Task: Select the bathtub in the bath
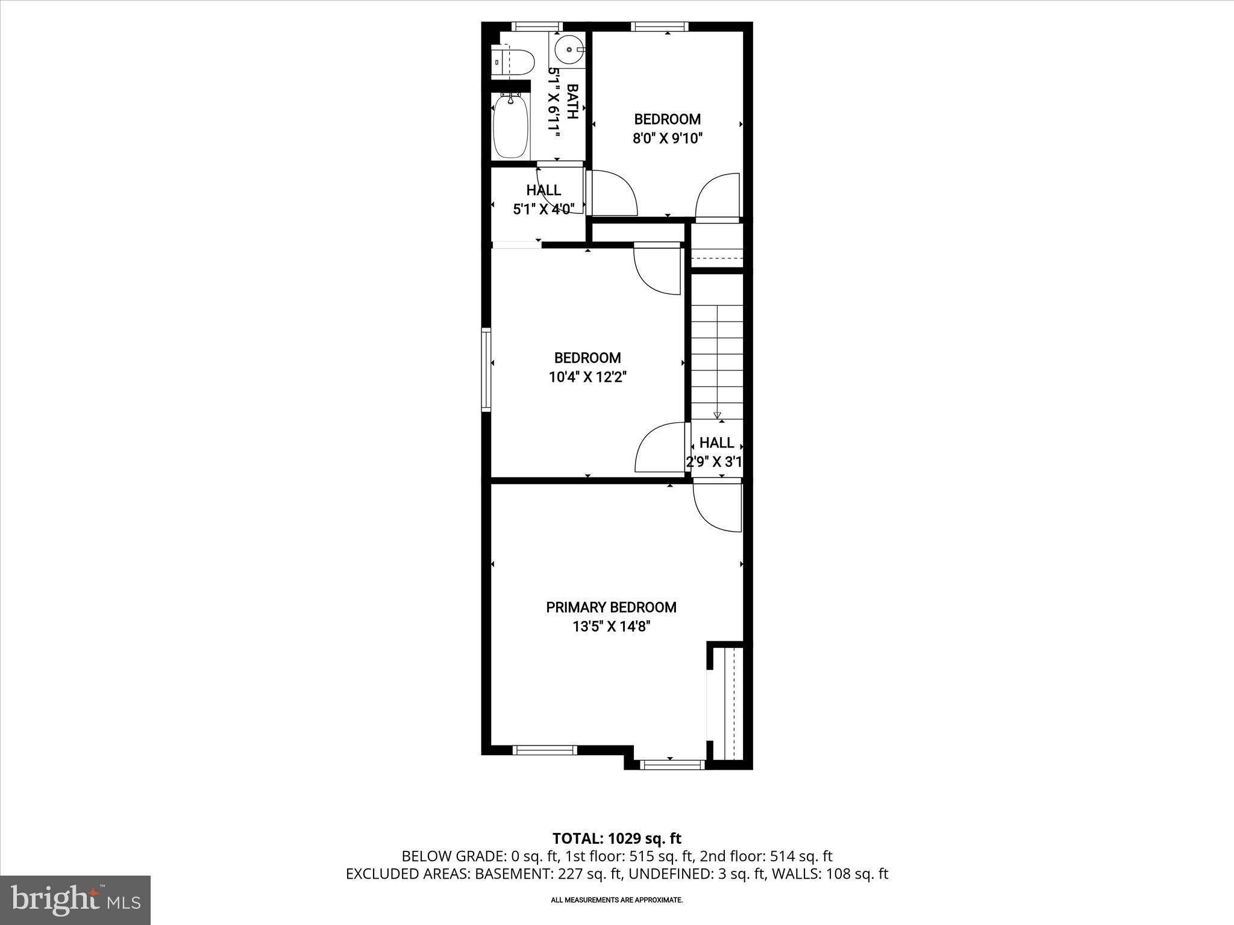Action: click(x=511, y=126)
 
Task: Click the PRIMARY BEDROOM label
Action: click(x=611, y=607)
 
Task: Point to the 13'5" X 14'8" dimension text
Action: click(x=611, y=627)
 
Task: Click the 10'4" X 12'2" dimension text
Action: click(x=587, y=378)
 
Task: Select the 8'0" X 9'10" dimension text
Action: click(x=668, y=139)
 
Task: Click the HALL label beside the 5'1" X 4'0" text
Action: click(x=543, y=190)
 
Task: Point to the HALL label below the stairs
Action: click(x=716, y=443)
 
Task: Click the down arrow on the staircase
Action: click(x=717, y=414)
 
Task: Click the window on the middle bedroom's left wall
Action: click(x=486, y=369)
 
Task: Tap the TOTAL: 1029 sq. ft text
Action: click(x=616, y=838)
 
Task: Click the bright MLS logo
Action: click(x=75, y=900)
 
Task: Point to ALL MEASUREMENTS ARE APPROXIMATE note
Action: click(x=616, y=900)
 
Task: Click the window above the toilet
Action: click(x=537, y=26)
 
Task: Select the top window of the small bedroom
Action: click(x=659, y=26)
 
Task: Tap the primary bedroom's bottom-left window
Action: click(x=545, y=750)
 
